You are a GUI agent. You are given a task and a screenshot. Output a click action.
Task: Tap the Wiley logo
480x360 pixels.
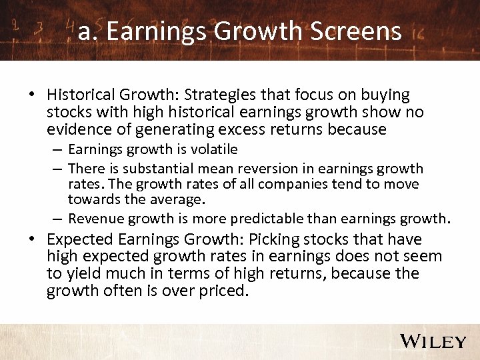[x=433, y=341]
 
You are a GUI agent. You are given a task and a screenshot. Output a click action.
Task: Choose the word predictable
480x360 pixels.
[x=267, y=219]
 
